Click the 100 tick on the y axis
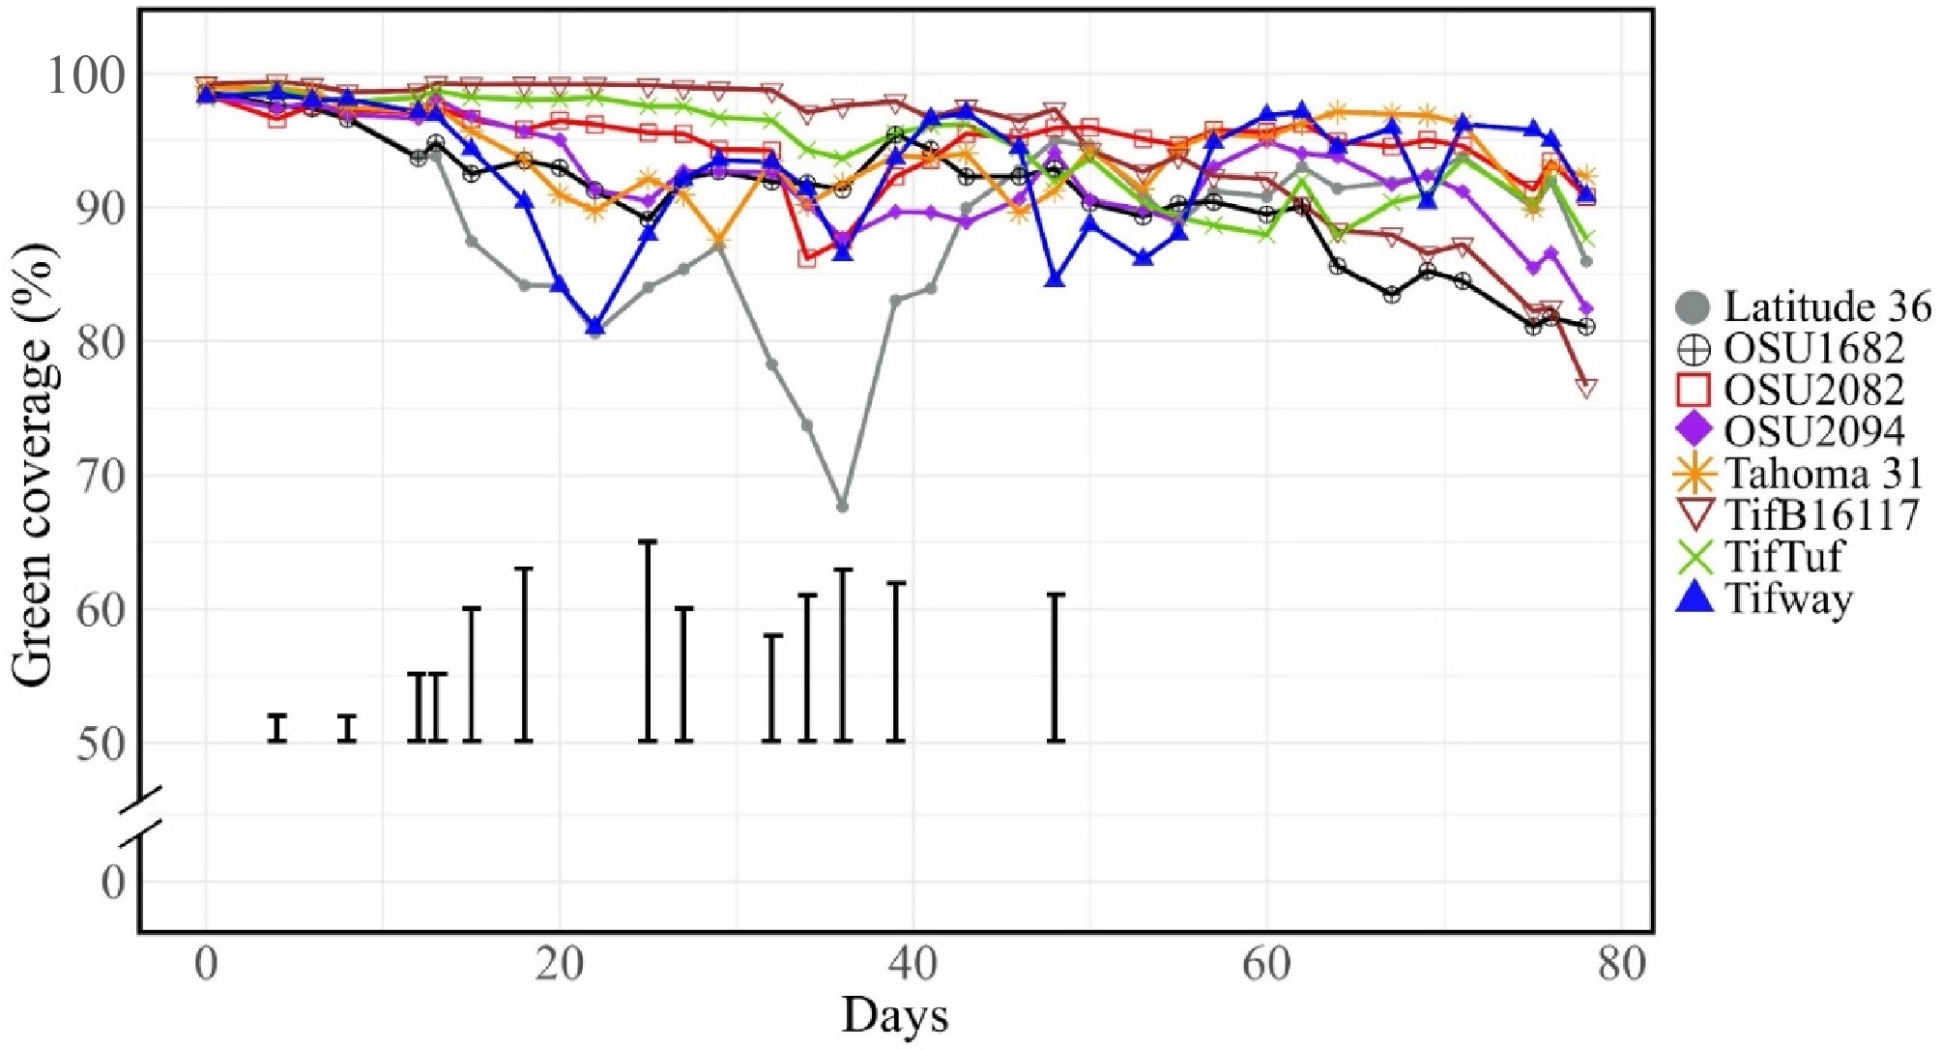click(86, 75)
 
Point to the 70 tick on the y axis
click(101, 476)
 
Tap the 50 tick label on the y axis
click(101, 744)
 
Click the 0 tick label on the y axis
click(113, 883)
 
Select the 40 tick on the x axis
click(913, 965)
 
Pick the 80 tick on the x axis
click(1621, 965)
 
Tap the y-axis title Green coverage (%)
click(34, 464)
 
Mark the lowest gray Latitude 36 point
click(843, 507)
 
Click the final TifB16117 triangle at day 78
click(1586, 388)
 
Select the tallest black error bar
click(648, 641)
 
